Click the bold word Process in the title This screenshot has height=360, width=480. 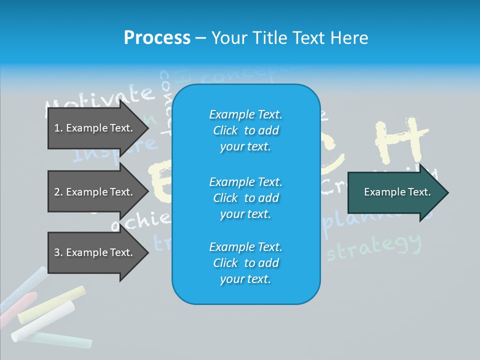pos(157,37)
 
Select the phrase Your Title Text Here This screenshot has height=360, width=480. pos(289,37)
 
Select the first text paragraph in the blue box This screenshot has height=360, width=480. pos(245,130)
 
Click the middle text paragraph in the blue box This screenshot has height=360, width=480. pos(245,197)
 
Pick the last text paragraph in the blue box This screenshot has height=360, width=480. pos(245,263)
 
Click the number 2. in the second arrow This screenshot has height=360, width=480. pos(58,192)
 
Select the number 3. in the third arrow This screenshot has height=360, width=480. pos(58,252)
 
